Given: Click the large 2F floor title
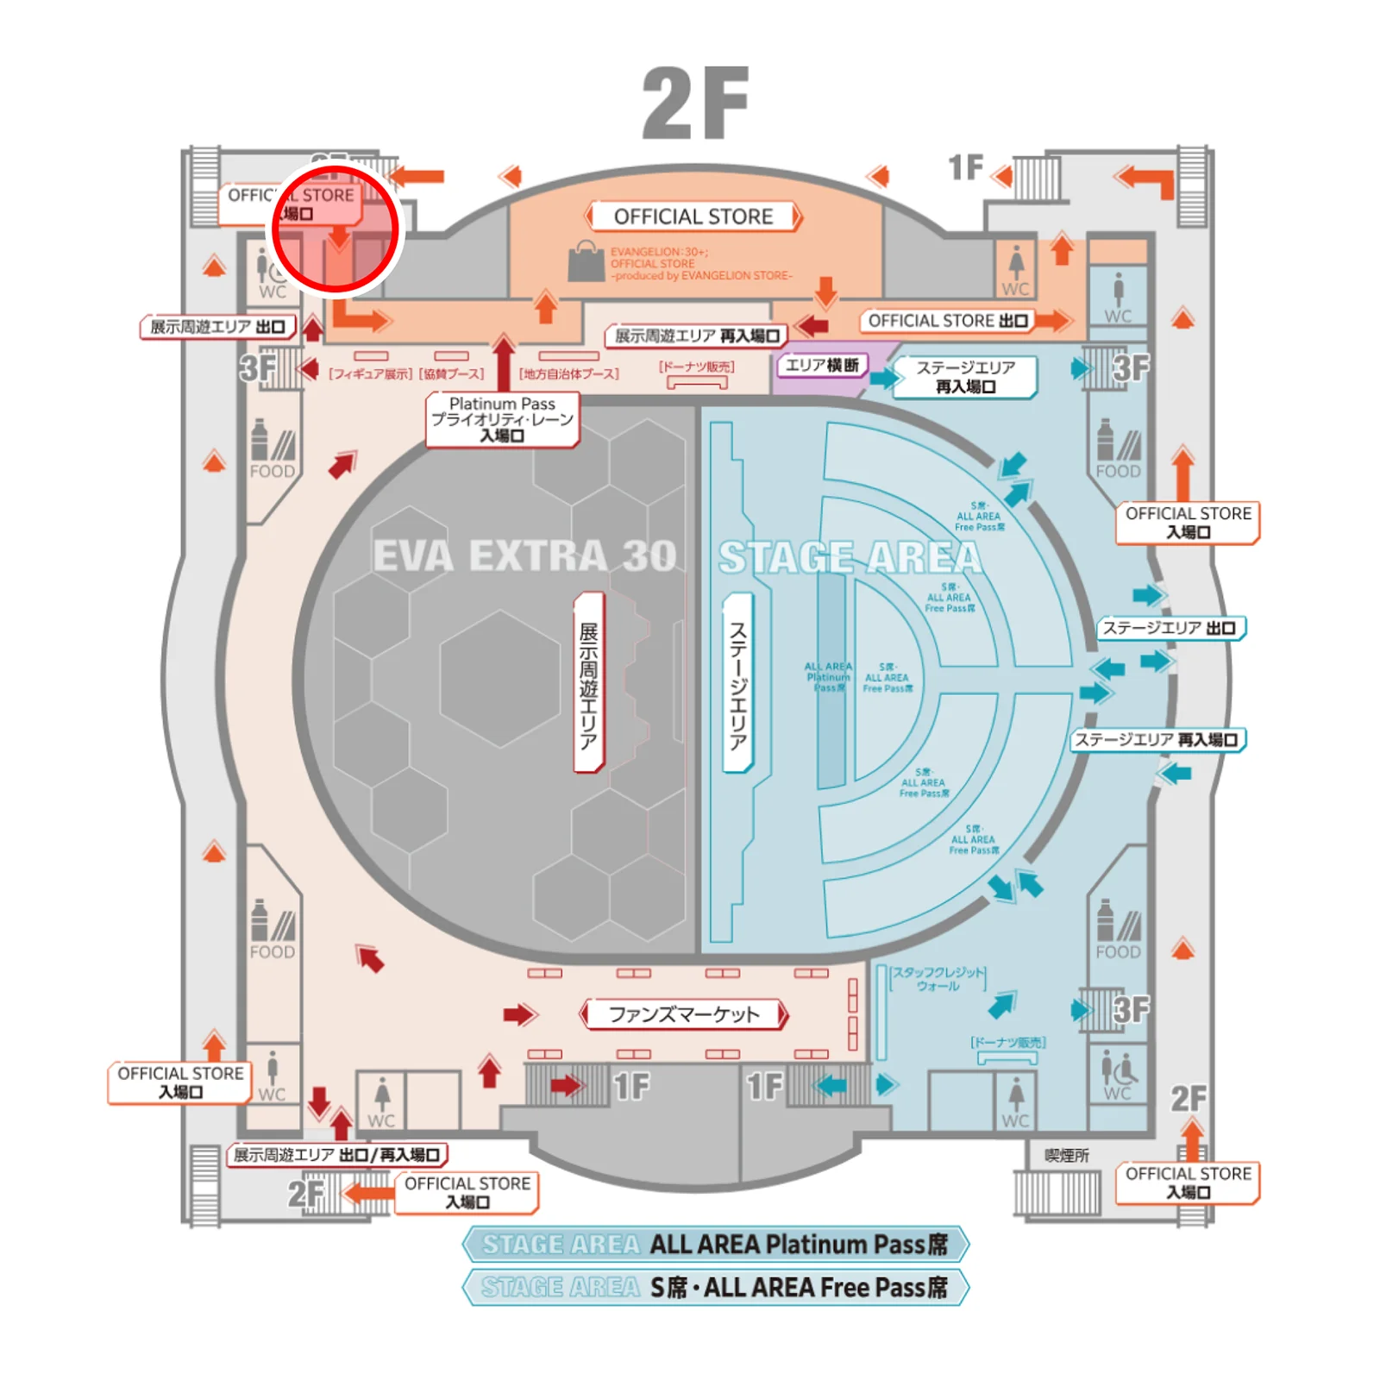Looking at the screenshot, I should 695,103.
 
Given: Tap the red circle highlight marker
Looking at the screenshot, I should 336,229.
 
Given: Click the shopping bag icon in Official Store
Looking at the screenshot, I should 586,261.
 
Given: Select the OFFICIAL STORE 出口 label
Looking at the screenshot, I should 948,321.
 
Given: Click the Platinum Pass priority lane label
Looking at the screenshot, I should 502,420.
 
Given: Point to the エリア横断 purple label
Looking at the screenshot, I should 822,366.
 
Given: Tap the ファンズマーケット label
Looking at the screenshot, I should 684,1014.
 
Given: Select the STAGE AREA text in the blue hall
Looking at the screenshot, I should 850,558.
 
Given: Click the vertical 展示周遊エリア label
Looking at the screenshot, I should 589,682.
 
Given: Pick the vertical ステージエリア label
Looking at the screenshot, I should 738,682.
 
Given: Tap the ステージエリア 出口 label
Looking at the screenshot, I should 1170,628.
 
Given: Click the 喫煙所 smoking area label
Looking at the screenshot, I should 1067,1156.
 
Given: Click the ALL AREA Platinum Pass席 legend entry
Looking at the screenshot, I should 715,1245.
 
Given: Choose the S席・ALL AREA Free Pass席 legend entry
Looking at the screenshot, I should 715,1288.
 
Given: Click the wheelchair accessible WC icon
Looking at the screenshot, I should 1119,1072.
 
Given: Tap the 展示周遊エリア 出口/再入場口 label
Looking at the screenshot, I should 337,1155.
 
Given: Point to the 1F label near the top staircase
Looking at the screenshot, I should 966,167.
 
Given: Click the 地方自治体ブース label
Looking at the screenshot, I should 569,374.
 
